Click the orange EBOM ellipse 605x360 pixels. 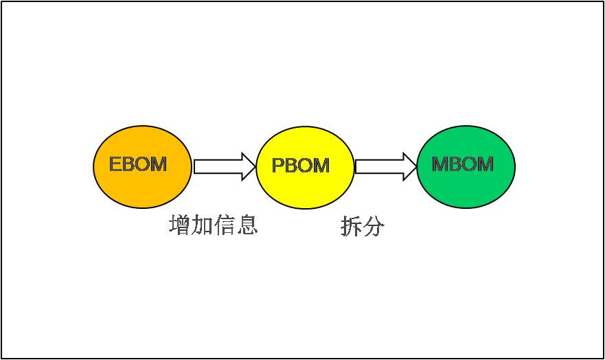[142, 167]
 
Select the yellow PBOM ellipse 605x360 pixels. [305, 168]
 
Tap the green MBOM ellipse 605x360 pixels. [466, 167]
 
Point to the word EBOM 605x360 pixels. [138, 164]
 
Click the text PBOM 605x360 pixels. [301, 166]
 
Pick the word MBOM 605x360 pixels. [463, 164]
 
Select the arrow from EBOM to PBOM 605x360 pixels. [225, 167]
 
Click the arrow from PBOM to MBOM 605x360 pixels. [386, 167]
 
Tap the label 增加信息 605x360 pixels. [214, 225]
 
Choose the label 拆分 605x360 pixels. [363, 226]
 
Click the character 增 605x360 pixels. [180, 225]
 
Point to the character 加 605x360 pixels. [202, 225]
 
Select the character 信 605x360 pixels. [224, 225]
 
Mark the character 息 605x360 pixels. [247, 225]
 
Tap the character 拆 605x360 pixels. [351, 226]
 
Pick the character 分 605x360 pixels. [374, 226]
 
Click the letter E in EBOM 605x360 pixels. [116, 164]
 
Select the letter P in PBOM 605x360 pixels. [278, 166]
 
